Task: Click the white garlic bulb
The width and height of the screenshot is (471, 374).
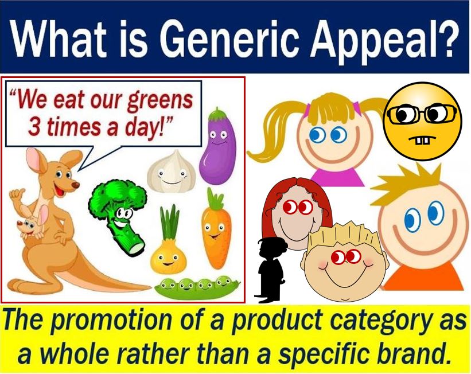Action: click(x=172, y=172)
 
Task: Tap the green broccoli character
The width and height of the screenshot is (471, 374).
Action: click(x=119, y=215)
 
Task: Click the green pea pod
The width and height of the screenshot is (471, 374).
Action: click(x=197, y=287)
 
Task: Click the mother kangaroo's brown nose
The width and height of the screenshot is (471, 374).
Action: click(x=76, y=185)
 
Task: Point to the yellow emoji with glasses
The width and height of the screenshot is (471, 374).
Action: click(x=423, y=121)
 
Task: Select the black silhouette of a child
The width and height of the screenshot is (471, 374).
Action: click(x=270, y=270)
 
